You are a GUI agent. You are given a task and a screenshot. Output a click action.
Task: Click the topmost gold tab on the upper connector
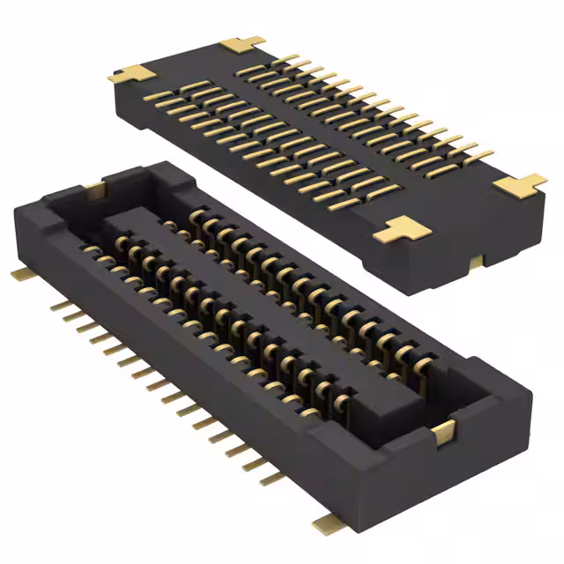coord(242,44)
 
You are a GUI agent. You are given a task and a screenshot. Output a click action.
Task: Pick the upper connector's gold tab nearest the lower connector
coord(404,230)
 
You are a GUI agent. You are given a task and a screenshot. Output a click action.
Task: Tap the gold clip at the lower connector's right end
coord(445,431)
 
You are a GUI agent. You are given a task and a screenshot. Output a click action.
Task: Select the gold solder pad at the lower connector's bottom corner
coord(328,526)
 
